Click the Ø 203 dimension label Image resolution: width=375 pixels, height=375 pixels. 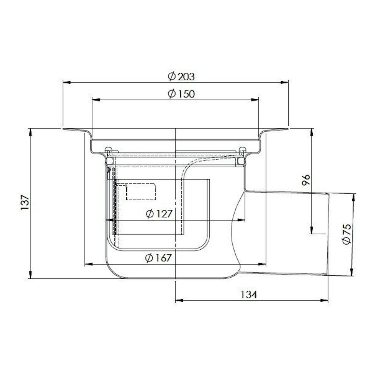point(181,77)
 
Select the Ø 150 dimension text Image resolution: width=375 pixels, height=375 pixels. point(181,94)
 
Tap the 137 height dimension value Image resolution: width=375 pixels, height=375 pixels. point(25,202)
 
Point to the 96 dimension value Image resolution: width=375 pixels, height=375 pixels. point(305,180)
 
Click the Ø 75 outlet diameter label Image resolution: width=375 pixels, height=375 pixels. point(347,234)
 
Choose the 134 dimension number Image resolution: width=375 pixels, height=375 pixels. point(249,295)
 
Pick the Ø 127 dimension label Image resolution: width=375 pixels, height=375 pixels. point(159,214)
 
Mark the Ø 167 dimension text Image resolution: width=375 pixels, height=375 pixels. point(158,258)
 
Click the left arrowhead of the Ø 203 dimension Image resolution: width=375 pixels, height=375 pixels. point(67,83)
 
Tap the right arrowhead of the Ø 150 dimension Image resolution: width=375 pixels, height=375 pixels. point(255,100)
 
